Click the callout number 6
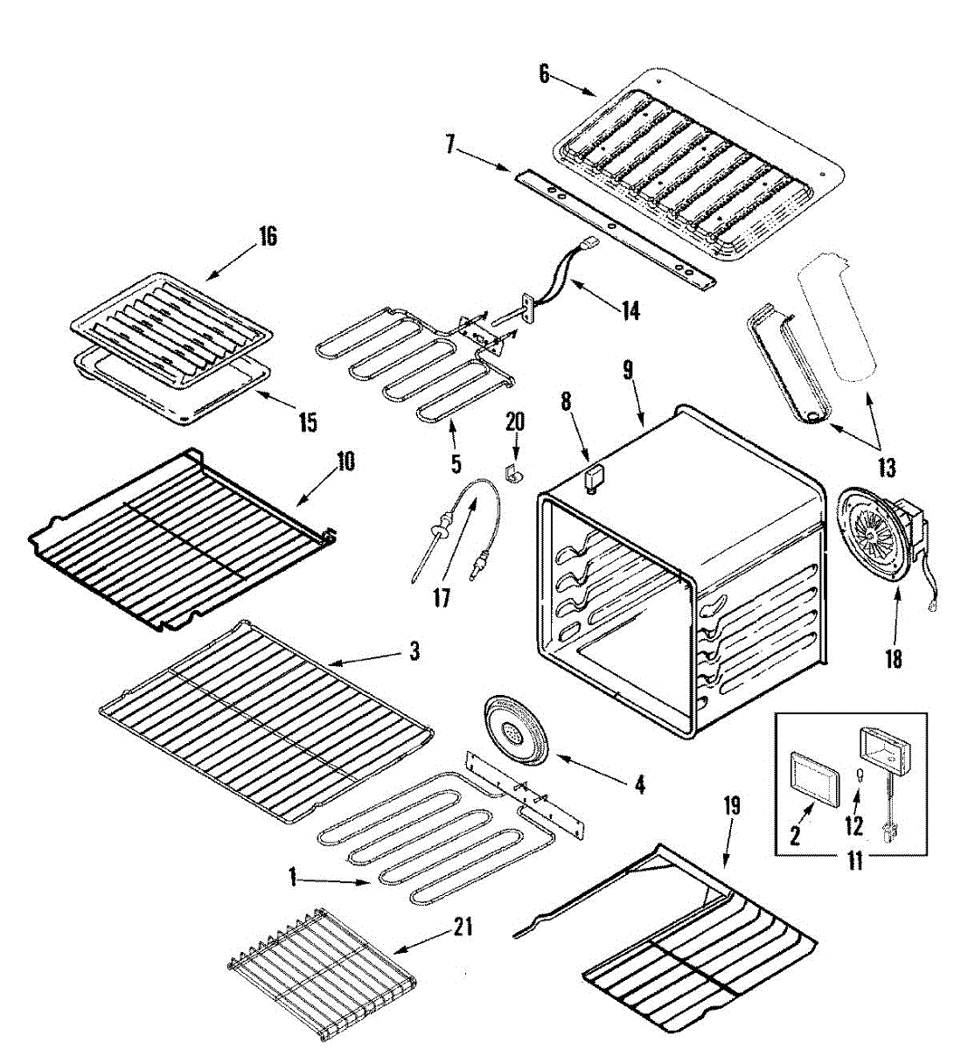[544, 73]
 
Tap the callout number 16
[267, 236]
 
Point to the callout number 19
[731, 806]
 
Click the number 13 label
[887, 468]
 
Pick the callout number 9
[628, 370]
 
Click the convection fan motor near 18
[879, 542]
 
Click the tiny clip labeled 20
[513, 472]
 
